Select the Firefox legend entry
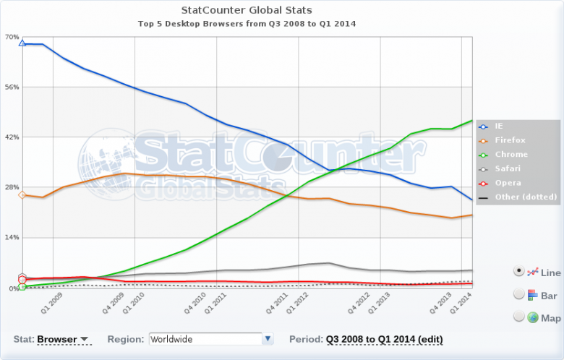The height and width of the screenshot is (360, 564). tap(510, 140)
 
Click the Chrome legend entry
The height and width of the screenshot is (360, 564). tap(511, 154)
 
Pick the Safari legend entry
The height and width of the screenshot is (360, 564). tap(508, 168)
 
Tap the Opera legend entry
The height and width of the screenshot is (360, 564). tap(508, 182)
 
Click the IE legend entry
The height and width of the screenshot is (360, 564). tap(500, 126)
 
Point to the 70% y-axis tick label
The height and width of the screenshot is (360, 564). tap(12, 37)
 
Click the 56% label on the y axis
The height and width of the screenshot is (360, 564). tap(12, 87)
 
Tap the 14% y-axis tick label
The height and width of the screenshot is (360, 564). tap(12, 238)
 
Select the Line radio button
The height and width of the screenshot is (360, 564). tap(518, 271)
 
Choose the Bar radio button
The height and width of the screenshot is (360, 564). tap(518, 294)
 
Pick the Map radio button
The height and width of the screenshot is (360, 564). tap(518, 316)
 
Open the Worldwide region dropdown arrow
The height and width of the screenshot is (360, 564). tap(268, 338)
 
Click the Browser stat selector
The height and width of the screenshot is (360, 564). tap(62, 339)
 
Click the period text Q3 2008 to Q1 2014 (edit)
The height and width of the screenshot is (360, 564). tap(384, 339)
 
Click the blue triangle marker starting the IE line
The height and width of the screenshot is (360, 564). tap(22, 43)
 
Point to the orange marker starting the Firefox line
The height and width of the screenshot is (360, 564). tap(22, 195)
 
